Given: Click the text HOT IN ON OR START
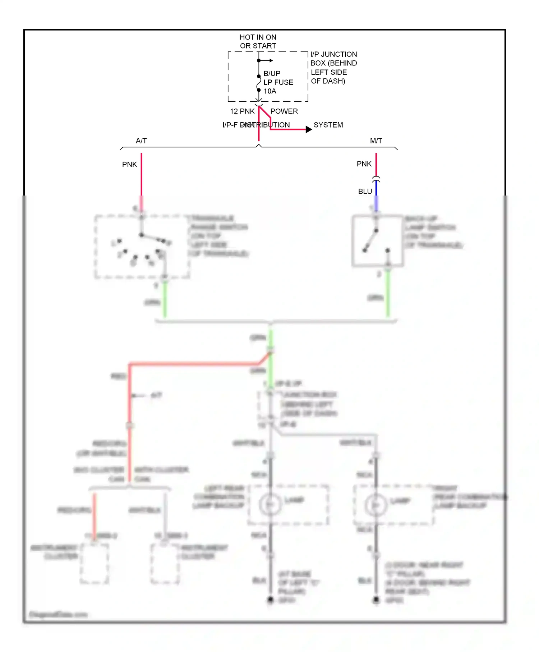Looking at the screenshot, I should pyautogui.click(x=258, y=41).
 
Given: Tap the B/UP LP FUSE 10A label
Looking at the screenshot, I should pyautogui.click(x=278, y=82).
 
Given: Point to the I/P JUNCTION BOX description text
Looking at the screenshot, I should pyautogui.click(x=333, y=68).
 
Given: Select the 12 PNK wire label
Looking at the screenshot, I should pyautogui.click(x=242, y=111).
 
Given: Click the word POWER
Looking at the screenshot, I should pyautogui.click(x=284, y=111).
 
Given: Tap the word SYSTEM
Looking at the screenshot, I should pyautogui.click(x=328, y=125).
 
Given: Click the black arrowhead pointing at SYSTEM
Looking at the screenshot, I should pyautogui.click(x=309, y=129).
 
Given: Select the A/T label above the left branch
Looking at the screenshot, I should pyautogui.click(x=141, y=141).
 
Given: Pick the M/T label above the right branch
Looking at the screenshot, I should pyautogui.click(x=376, y=141).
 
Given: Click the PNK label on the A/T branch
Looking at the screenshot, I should pyautogui.click(x=129, y=165).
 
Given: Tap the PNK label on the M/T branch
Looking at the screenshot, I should pyautogui.click(x=364, y=164).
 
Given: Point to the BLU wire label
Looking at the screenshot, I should pyautogui.click(x=365, y=192).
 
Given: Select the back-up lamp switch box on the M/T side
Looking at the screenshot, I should pyautogui.click(x=377, y=241).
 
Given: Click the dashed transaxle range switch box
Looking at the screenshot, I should pyautogui.click(x=142, y=247).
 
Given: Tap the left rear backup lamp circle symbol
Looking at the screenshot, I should pyautogui.click(x=270, y=504).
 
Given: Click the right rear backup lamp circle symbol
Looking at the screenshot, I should pyautogui.click(x=376, y=505).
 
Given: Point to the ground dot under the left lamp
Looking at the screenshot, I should pyautogui.click(x=271, y=599).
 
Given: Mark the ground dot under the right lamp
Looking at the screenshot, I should pyautogui.click(x=376, y=599).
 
